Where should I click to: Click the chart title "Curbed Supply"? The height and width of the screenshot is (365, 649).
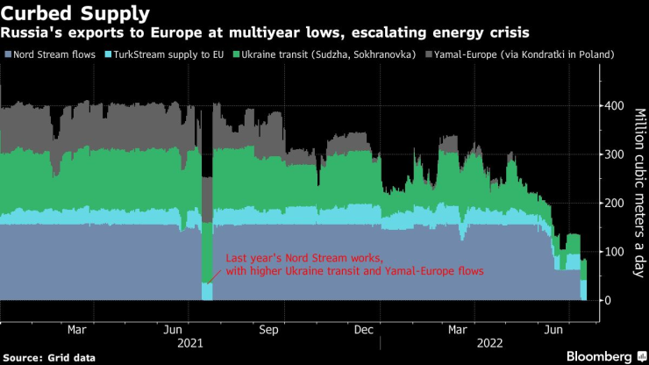[x=76, y=14]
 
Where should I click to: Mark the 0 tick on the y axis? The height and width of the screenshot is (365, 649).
[x=606, y=301]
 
